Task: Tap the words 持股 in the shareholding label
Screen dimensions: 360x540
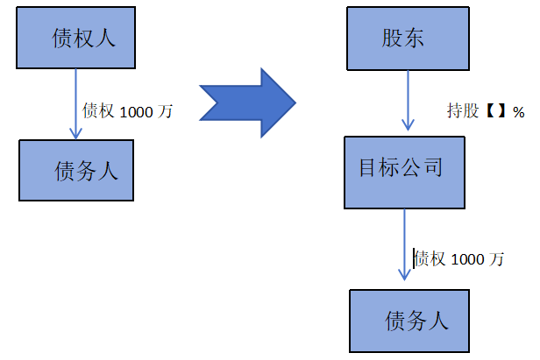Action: (464, 112)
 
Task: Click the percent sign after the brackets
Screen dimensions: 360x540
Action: (518, 112)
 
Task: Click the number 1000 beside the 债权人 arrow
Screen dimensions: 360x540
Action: (136, 111)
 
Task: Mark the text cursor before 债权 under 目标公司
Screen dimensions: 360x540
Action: (414, 258)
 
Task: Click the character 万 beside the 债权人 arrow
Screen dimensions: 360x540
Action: (166, 111)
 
